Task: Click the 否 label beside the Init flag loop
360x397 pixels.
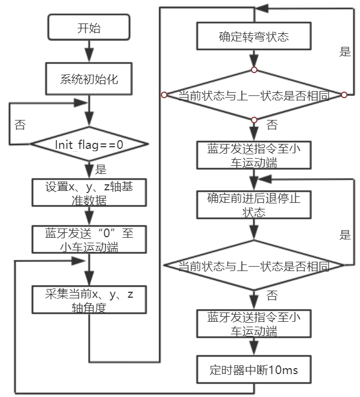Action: pos(20,125)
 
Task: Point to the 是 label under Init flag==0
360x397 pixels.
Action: pos(100,169)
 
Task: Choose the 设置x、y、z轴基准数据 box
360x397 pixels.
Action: pos(88,192)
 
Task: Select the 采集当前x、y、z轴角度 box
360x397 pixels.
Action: pos(88,300)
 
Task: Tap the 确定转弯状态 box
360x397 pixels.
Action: pos(254,38)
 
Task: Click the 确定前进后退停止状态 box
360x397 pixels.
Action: pos(254,204)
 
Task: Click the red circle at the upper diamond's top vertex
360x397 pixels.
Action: pos(254,70)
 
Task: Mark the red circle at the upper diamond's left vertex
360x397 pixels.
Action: pos(163,95)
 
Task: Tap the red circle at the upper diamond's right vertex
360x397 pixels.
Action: pos(344,95)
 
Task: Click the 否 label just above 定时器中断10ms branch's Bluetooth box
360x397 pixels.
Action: pos(271,296)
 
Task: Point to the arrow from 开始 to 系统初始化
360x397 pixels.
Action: pos(88,53)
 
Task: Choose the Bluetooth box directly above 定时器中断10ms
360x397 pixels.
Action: pos(254,324)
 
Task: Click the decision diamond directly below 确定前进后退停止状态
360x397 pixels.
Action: pos(254,266)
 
